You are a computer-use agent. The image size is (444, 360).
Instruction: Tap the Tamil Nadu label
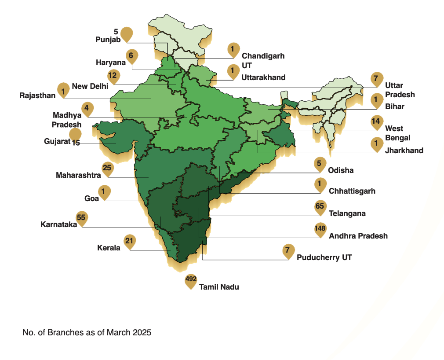point(219,287)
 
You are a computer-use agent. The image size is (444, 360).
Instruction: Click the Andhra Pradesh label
point(358,236)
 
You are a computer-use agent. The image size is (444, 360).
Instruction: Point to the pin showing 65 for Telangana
point(320,207)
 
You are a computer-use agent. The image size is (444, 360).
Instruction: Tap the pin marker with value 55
point(81,218)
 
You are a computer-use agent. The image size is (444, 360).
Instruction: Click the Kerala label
point(109,248)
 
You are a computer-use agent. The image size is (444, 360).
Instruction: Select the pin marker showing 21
point(129,242)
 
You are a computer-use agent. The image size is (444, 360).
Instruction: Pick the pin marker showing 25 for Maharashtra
point(107,168)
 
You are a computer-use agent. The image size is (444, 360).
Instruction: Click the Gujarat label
point(57,141)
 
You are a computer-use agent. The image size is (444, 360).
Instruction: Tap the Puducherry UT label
point(324,257)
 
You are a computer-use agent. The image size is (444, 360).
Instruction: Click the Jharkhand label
point(404,151)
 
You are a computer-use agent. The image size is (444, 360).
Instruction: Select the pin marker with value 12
point(113,76)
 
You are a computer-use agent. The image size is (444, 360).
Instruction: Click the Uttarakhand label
point(263,77)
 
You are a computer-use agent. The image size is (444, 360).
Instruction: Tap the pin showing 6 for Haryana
point(131,56)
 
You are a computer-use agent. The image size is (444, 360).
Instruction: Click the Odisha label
point(341,170)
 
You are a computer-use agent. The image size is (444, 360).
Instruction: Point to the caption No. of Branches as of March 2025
point(87,333)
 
